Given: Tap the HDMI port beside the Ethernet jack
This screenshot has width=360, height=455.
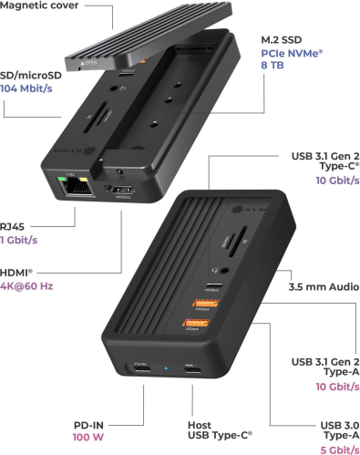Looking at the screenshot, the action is [x=119, y=190].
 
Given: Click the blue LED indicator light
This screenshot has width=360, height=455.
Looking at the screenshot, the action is [x=166, y=368].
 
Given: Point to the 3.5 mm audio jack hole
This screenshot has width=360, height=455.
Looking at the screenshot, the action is [x=225, y=270].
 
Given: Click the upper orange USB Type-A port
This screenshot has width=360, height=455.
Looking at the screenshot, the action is [x=205, y=303].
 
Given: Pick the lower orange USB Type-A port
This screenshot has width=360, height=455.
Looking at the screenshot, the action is [x=196, y=322].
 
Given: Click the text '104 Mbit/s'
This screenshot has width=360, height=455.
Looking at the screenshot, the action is [x=26, y=88].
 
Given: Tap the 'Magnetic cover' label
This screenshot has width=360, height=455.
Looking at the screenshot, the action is [x=39, y=5].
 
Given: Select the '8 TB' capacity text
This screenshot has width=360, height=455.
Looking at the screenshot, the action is [x=273, y=65].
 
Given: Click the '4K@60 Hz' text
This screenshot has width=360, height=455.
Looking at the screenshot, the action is [x=26, y=286].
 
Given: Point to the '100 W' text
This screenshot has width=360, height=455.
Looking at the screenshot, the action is [x=88, y=437].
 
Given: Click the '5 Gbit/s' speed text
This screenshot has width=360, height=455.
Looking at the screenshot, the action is [x=340, y=450].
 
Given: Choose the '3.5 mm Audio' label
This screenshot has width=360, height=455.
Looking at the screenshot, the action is [x=324, y=286].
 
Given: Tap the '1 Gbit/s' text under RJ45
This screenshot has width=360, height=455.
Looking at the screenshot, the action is [x=18, y=240].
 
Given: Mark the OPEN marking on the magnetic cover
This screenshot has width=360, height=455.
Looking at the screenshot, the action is [x=88, y=63].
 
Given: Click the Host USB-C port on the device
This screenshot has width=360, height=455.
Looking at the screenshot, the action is [x=192, y=370].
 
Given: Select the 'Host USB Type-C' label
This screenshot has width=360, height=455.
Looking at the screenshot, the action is [x=220, y=430].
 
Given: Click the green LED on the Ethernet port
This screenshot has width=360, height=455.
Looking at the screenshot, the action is [x=63, y=179].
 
